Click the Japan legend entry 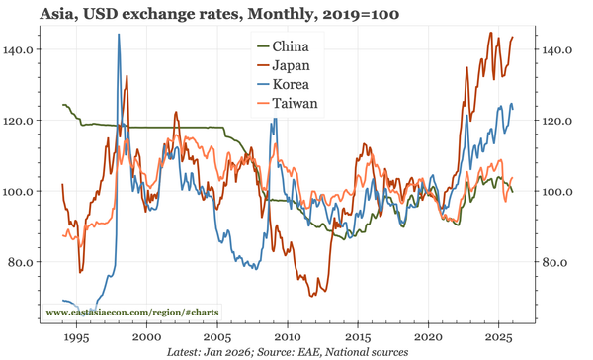[290, 66]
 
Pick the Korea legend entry [290, 85]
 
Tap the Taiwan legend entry [294, 105]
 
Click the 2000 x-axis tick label [146, 337]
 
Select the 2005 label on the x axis [216, 337]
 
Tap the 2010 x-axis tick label [288, 337]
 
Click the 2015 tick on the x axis [358, 337]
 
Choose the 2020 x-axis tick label [428, 337]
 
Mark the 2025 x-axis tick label [498, 337]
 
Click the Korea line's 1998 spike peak [119, 35]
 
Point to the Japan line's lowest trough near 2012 [312, 296]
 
